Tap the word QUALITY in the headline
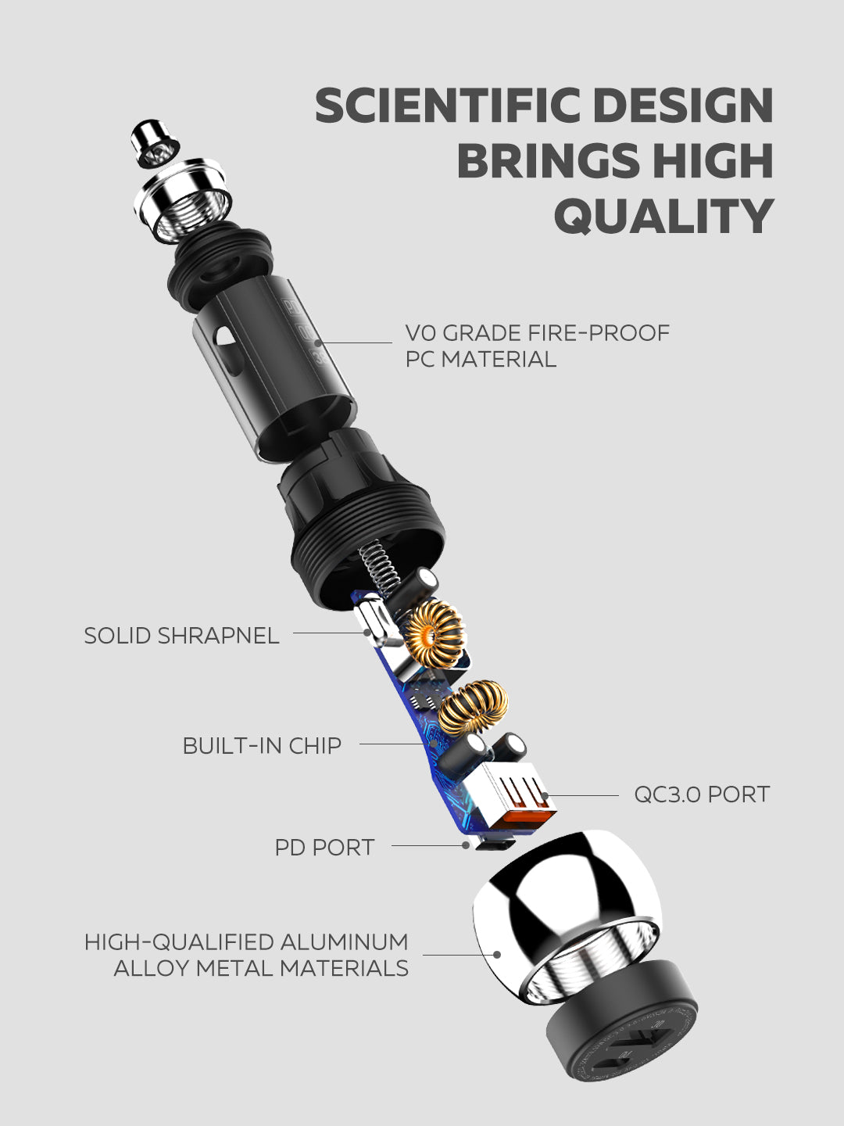(x=663, y=216)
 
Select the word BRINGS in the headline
(x=549, y=160)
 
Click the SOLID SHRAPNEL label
(x=181, y=636)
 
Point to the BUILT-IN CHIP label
(x=262, y=746)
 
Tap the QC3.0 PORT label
(x=702, y=794)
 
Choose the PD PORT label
(x=324, y=848)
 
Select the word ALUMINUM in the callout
(x=344, y=942)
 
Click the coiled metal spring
(x=380, y=568)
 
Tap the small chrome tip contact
(x=155, y=142)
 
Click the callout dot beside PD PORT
(x=465, y=846)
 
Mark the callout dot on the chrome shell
(x=496, y=955)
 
